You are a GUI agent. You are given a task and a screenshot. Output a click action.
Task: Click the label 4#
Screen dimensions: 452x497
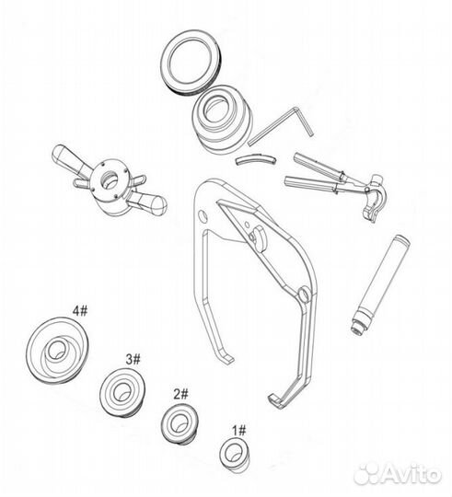point(79,311)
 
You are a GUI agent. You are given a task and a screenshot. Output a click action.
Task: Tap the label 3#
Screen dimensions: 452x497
point(133,359)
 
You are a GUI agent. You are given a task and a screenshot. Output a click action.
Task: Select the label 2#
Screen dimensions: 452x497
point(180,394)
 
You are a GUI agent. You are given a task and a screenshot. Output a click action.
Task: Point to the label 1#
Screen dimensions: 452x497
point(238,431)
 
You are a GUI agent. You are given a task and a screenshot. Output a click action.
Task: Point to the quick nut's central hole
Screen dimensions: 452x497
point(110,179)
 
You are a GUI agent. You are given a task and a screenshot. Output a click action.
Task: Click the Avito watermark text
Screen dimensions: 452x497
point(412,475)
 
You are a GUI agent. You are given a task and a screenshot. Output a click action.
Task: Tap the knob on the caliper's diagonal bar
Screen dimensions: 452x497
point(260,237)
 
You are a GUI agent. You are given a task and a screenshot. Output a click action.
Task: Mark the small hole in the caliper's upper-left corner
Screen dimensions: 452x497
point(203,215)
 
